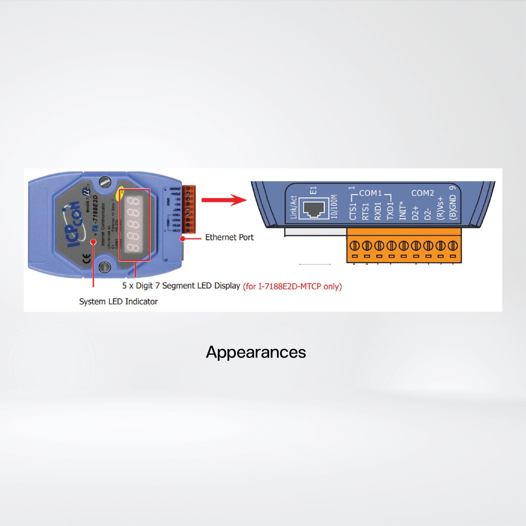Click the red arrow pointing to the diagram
(224, 200)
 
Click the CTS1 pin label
(353, 211)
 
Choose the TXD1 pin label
(390, 211)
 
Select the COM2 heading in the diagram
(423, 193)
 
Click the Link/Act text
(294, 207)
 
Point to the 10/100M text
(334, 206)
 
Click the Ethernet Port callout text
(229, 237)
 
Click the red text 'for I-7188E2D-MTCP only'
(292, 286)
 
